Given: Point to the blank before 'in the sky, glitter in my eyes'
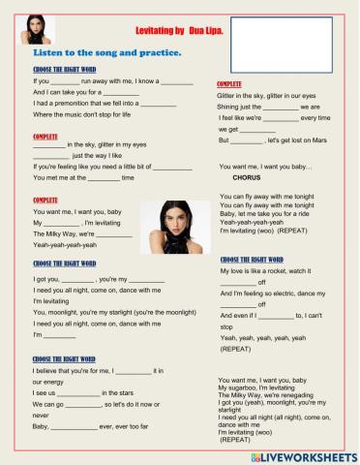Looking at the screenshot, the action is (x=49, y=144).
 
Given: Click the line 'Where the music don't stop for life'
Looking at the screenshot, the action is (x=85, y=115).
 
